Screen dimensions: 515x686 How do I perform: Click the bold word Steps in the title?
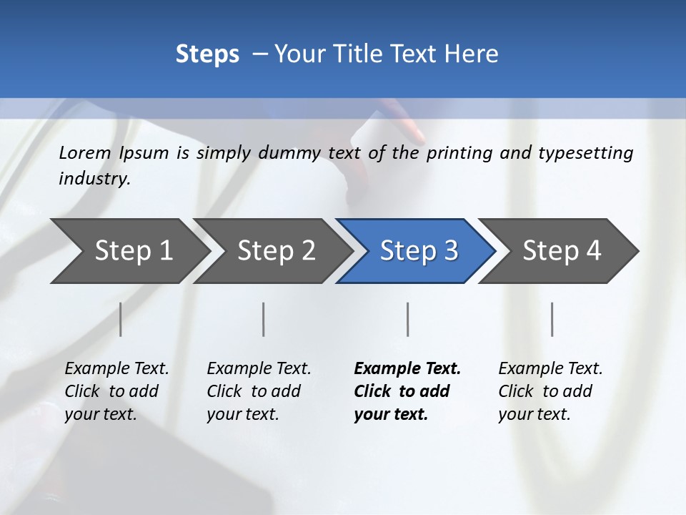(x=207, y=54)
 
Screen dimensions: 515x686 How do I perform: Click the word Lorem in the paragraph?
(x=84, y=152)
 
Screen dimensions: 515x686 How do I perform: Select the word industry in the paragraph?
(x=94, y=178)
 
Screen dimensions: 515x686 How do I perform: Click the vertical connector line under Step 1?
(x=121, y=319)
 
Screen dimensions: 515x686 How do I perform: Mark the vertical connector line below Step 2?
(x=264, y=319)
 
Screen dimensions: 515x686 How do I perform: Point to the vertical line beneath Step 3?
(x=408, y=319)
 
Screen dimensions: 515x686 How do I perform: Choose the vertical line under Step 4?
(x=552, y=319)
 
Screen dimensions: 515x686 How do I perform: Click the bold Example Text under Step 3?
(x=407, y=369)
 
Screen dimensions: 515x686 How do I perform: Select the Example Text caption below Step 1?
(x=116, y=369)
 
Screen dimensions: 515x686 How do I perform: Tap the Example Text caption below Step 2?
(x=259, y=369)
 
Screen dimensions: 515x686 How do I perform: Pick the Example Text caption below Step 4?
(x=550, y=369)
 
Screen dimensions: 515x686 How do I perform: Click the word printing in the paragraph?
(x=459, y=153)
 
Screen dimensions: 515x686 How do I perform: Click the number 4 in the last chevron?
(x=594, y=251)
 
